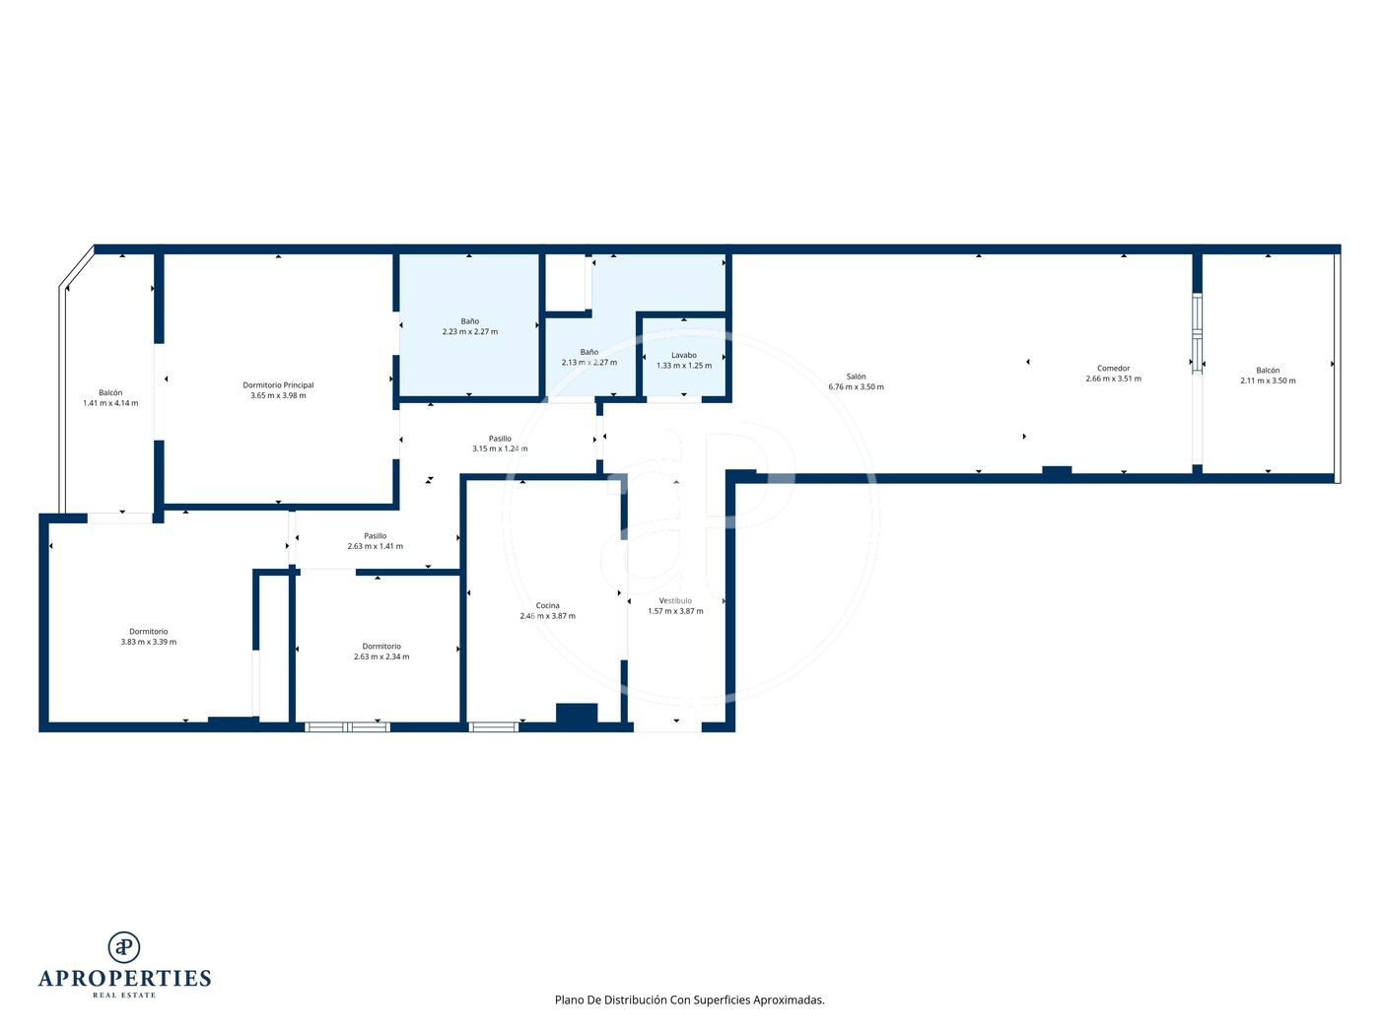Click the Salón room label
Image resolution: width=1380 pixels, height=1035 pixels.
855,377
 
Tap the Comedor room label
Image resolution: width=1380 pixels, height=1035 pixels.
1113,369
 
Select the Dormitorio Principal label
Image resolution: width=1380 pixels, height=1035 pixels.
278,385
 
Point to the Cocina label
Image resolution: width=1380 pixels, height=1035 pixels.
547,606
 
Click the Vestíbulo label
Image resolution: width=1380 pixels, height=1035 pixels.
675,600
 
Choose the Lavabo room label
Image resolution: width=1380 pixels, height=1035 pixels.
684,355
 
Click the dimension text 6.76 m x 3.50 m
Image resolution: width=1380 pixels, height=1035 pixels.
856,387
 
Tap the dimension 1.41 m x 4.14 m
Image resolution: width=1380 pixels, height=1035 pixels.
110,403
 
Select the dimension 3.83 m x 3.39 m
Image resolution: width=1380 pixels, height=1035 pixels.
149,643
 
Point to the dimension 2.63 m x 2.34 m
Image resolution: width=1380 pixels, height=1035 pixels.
381,656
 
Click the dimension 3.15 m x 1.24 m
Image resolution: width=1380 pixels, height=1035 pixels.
500,448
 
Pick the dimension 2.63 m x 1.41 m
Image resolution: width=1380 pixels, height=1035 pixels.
376,547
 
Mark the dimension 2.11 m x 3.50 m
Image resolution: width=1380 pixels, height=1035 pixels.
1268,380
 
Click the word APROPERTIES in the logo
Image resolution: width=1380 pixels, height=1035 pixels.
124,979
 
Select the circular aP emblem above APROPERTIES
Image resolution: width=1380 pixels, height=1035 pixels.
124,947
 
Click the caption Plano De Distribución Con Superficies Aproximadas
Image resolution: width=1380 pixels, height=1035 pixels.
689,1000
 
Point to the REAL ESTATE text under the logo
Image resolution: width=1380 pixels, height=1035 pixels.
124,996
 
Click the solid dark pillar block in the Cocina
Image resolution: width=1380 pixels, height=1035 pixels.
577,714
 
